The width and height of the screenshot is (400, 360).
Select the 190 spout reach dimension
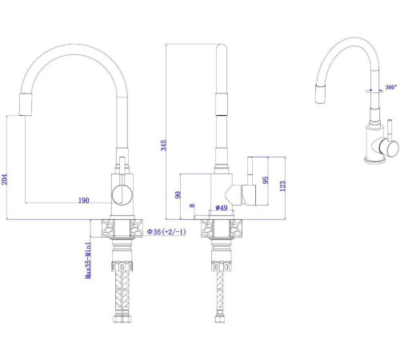coord(82,200)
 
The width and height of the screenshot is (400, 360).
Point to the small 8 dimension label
coord(192,206)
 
